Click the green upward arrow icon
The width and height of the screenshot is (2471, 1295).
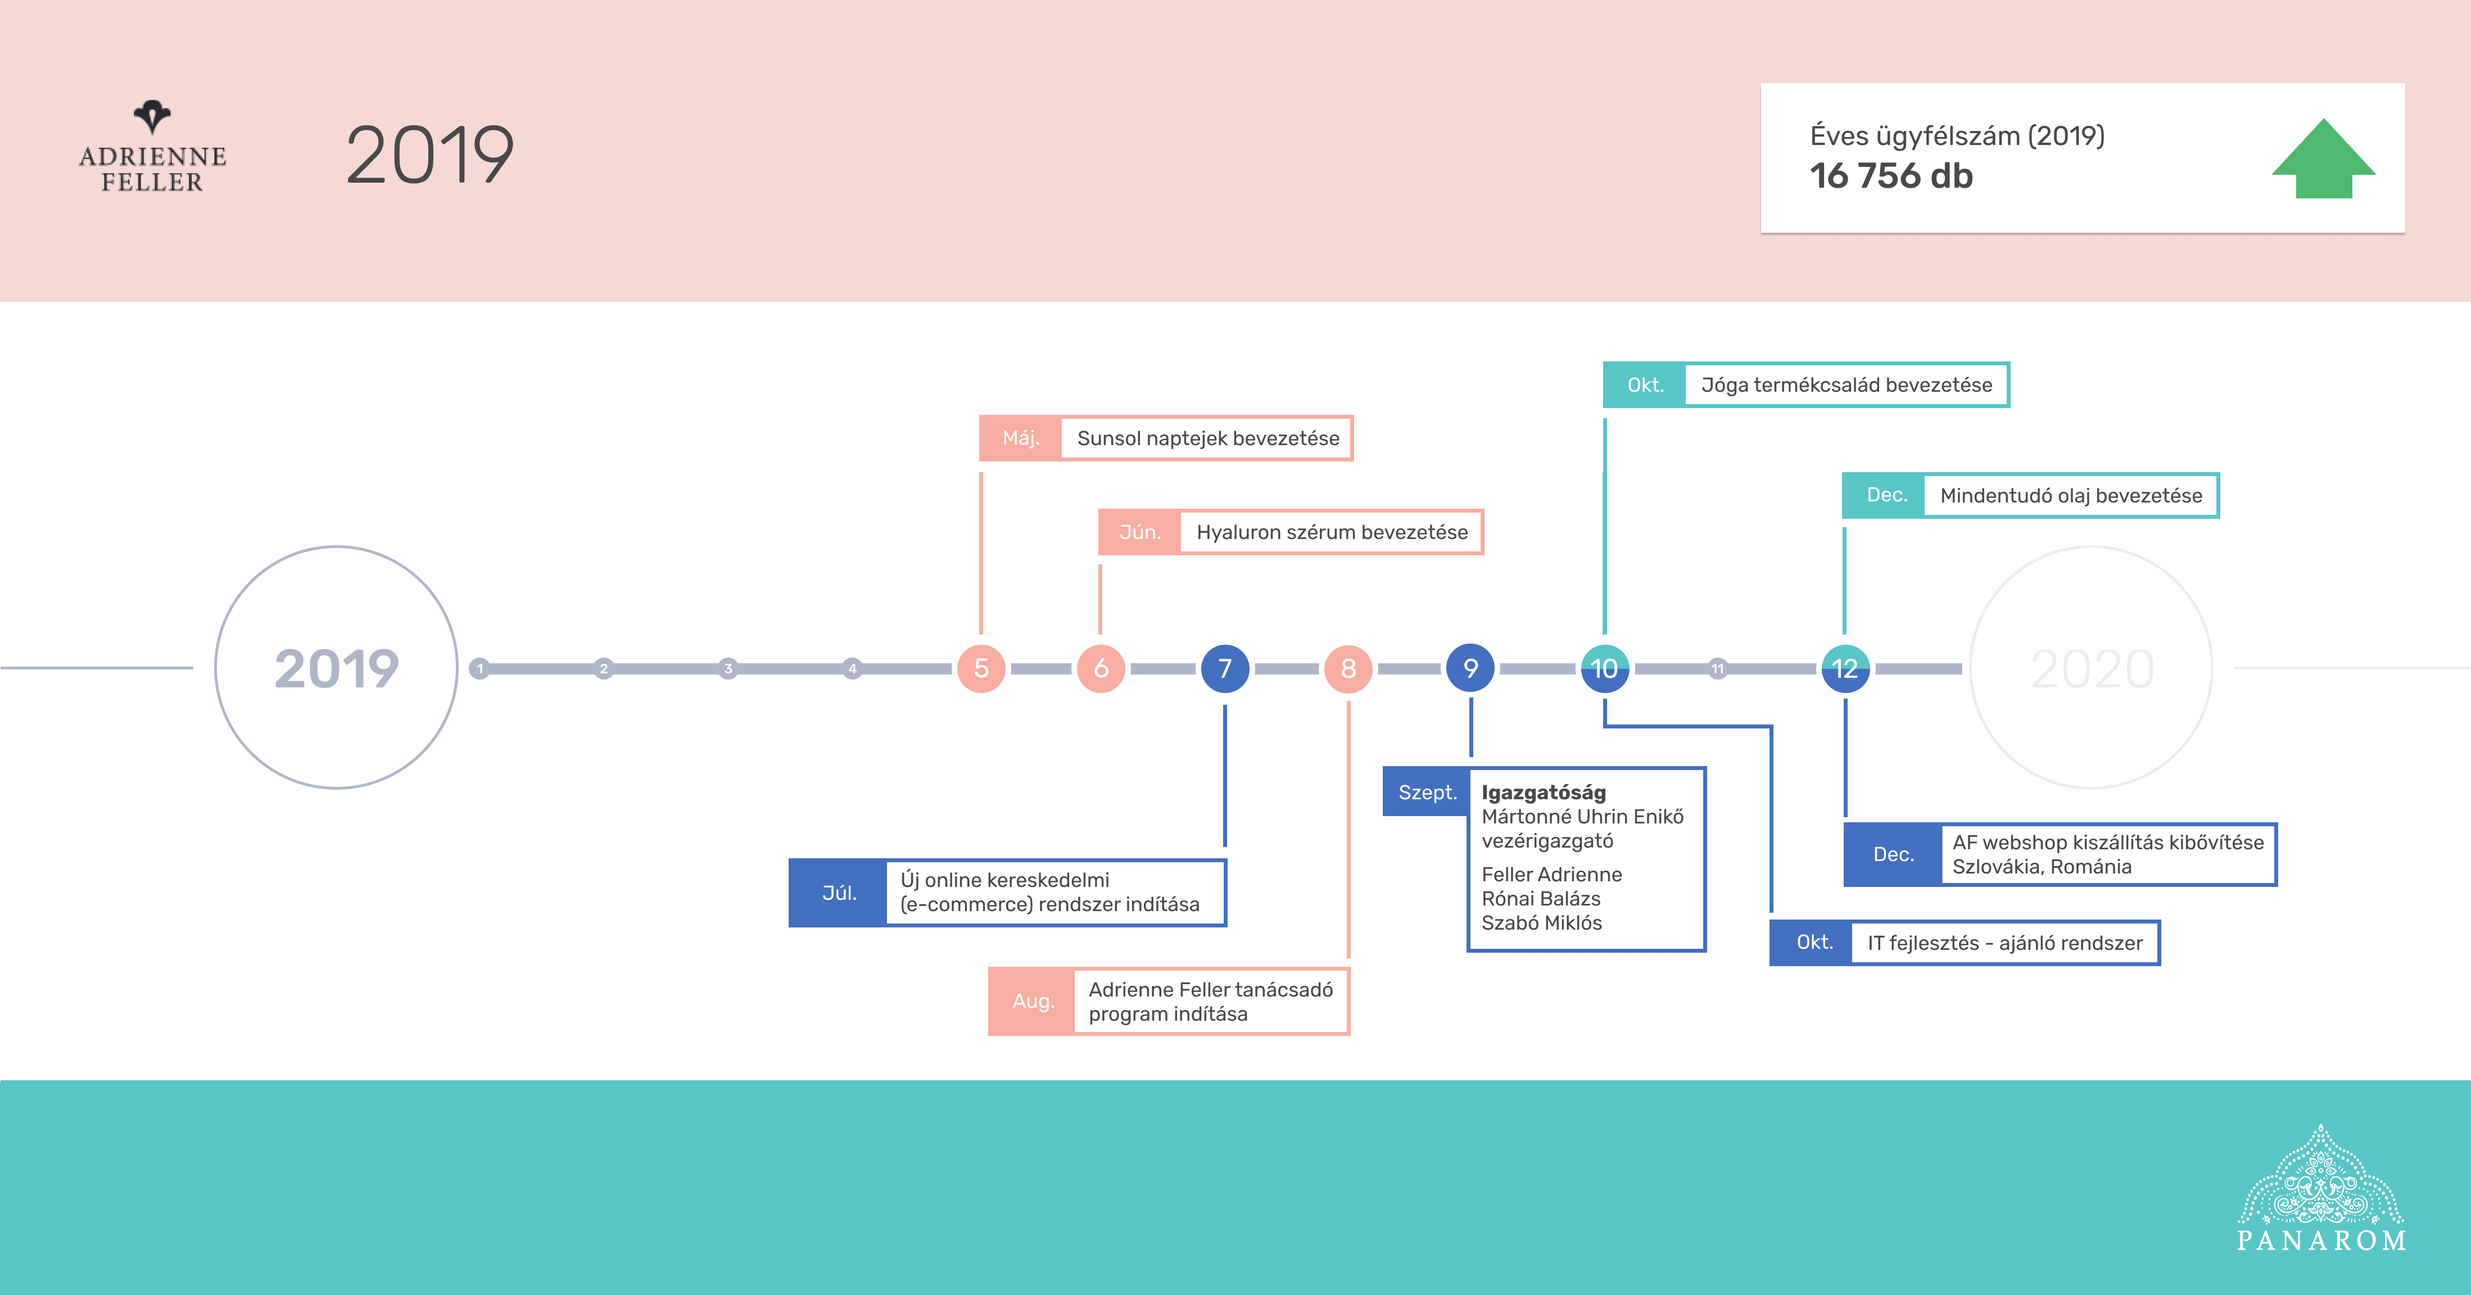coord(2323,159)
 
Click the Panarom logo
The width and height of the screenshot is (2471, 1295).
coord(2321,1189)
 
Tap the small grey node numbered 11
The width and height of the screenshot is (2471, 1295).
coord(1717,669)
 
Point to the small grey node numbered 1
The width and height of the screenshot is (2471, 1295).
coord(479,669)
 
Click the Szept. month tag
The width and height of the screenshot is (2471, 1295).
coord(1427,793)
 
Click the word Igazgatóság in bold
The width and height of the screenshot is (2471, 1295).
coord(1544,793)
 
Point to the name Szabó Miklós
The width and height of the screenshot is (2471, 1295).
coord(1541,923)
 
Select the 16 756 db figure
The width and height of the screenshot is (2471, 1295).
coord(1891,175)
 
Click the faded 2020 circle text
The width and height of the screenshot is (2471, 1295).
coord(2092,669)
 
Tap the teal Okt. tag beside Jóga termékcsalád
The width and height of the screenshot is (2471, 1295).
coord(1645,384)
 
